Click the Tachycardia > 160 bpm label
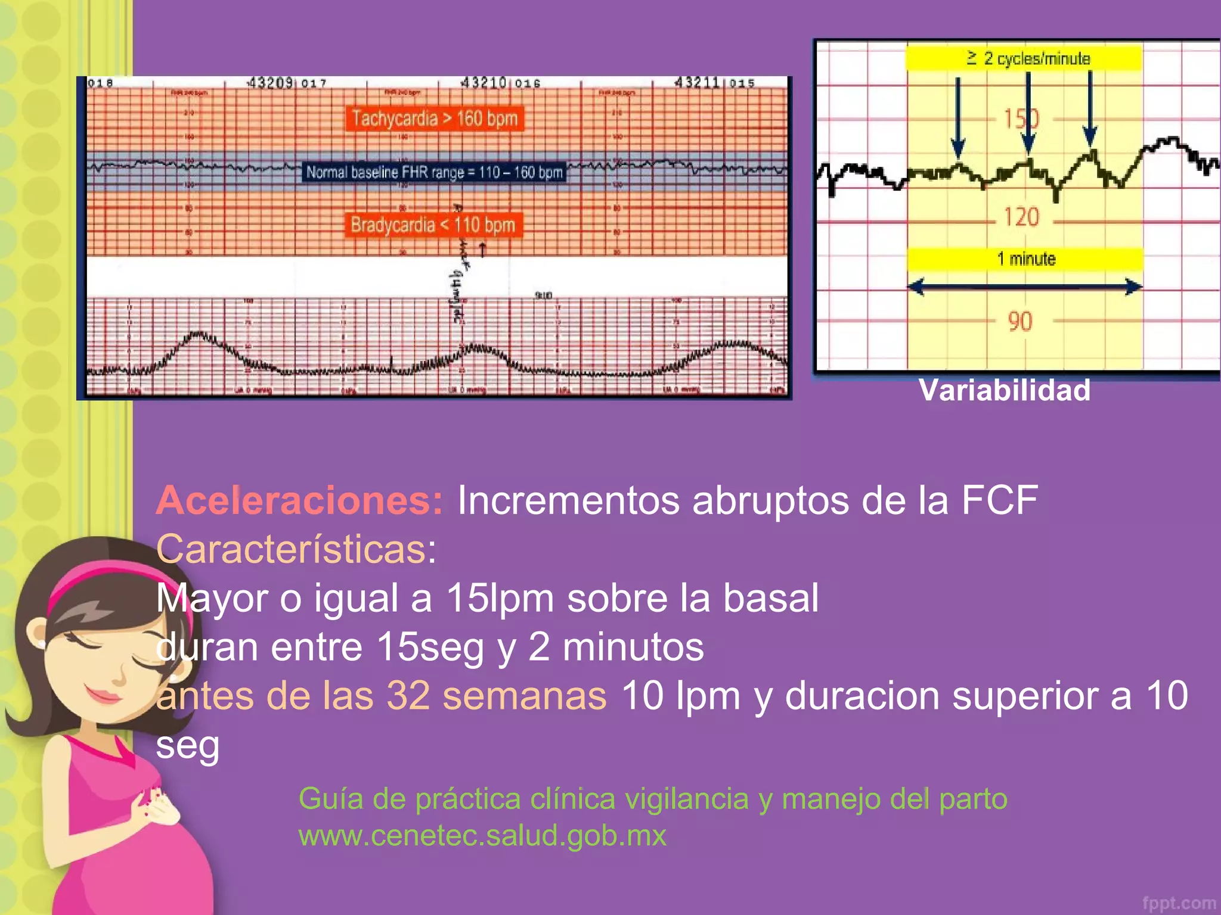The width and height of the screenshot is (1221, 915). pyautogui.click(x=434, y=119)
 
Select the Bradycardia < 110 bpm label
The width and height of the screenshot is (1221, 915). pyautogui.click(x=433, y=225)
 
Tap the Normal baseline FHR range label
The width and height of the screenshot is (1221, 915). pyautogui.click(x=434, y=172)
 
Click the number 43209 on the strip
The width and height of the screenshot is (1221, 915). pyautogui.click(x=270, y=82)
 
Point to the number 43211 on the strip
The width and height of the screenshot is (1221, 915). pyautogui.click(x=696, y=82)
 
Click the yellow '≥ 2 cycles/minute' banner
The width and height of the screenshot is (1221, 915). pyautogui.click(x=1024, y=58)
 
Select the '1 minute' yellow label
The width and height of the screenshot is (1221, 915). pyautogui.click(x=1025, y=259)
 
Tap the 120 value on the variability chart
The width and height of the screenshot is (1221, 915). pyautogui.click(x=1021, y=217)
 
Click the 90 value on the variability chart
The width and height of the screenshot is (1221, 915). pyautogui.click(x=1019, y=322)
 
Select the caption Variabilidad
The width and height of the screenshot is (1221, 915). pyautogui.click(x=1005, y=391)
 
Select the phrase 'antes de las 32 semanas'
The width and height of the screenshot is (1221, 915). pyautogui.click(x=382, y=696)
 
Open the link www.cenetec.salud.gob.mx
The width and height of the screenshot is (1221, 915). pyautogui.click(x=482, y=835)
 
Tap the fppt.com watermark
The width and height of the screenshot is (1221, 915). pyautogui.click(x=1179, y=903)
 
